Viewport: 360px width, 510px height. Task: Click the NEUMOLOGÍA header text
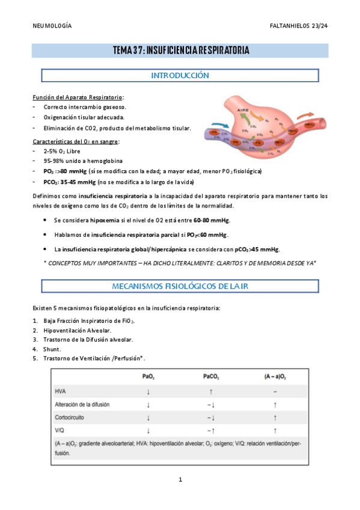(x=52, y=26)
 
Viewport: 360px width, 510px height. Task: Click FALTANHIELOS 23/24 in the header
(x=298, y=26)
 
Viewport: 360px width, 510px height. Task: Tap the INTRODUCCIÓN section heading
(x=180, y=76)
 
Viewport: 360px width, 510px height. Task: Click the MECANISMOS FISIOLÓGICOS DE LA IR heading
(x=180, y=286)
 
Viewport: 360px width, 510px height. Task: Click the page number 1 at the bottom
(x=180, y=479)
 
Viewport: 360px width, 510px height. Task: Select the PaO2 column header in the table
(x=148, y=377)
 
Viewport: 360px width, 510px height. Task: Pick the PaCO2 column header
(x=210, y=377)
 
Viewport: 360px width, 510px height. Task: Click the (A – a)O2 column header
(x=275, y=377)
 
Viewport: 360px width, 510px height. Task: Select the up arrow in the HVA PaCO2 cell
(x=210, y=391)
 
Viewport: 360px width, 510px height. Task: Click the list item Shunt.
(x=52, y=349)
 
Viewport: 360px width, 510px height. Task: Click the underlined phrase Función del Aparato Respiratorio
(x=78, y=97)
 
